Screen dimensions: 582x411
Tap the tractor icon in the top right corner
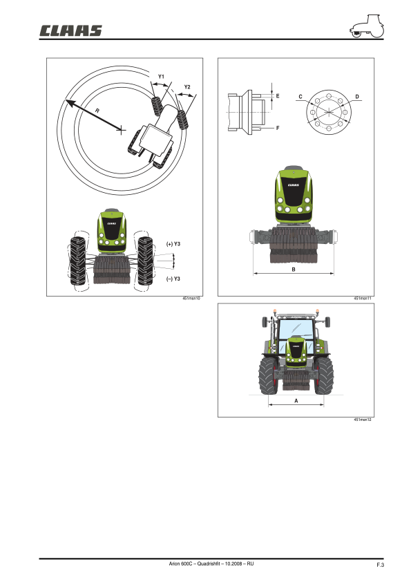coord(366,28)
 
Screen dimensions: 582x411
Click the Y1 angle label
coord(160,75)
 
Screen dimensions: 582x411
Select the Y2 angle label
coord(187,87)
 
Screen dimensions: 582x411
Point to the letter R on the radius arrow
coord(97,109)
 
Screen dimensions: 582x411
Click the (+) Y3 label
coord(173,244)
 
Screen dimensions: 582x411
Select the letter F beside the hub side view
coord(277,128)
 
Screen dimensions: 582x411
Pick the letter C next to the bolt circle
coord(300,96)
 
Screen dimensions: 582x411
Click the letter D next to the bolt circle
coord(356,96)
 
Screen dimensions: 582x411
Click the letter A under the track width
coord(296,400)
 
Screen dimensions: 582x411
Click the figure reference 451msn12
coord(363,420)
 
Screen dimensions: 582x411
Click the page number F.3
coord(380,566)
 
